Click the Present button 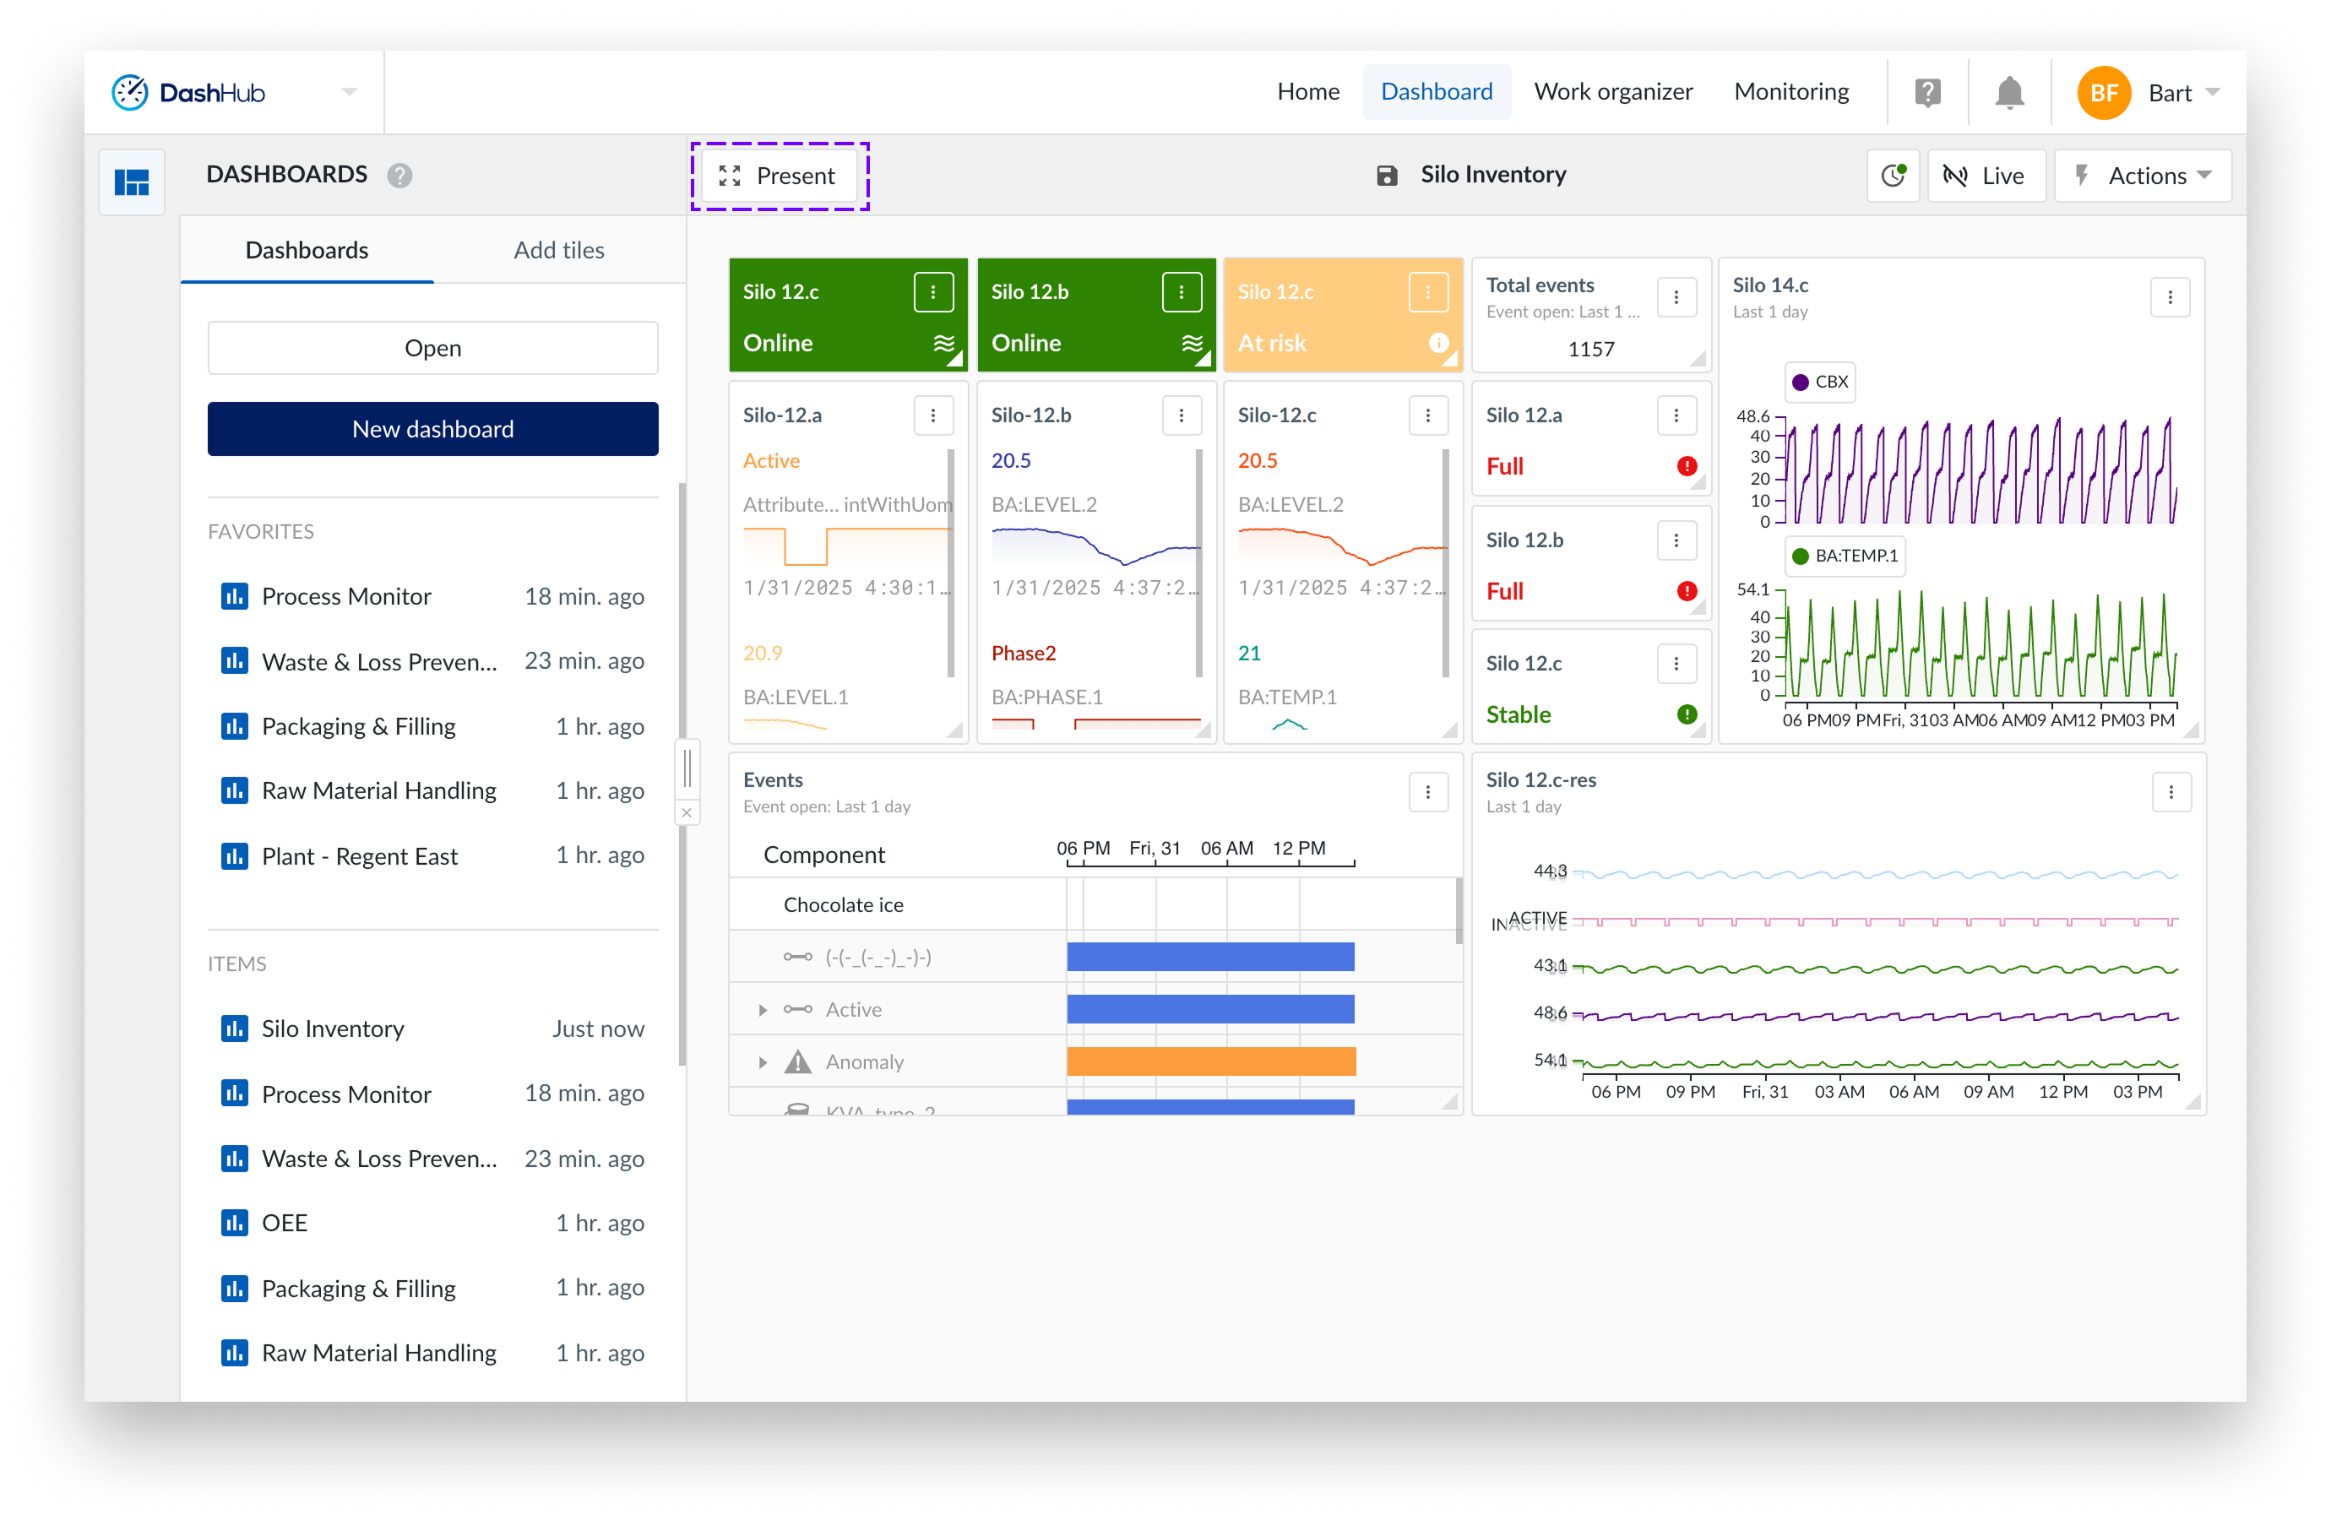coord(779,176)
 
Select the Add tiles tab coord(558,251)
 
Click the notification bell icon coord(2008,93)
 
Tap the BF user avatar coord(2103,93)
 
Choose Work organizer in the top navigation coord(1612,92)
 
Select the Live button coord(1986,176)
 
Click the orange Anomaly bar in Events coord(1210,1061)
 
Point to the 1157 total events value coord(1589,350)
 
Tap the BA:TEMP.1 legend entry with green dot coord(1845,556)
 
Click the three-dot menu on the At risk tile coord(1427,292)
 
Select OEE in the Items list coord(284,1224)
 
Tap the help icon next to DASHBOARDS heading coord(399,176)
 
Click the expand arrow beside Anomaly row coord(762,1062)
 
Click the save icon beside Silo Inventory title coord(1386,176)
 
